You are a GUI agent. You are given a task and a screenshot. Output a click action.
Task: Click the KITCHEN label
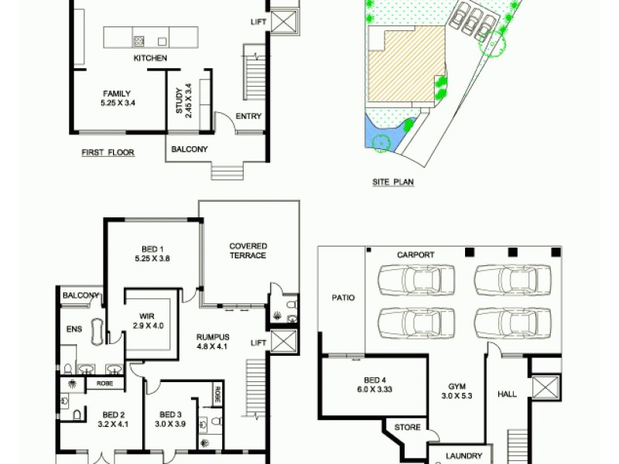point(150,59)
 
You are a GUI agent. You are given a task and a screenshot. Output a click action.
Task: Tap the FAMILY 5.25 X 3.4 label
point(115,98)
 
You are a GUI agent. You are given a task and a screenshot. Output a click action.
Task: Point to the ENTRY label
point(249,118)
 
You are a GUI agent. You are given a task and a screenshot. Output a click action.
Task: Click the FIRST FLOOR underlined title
point(108,153)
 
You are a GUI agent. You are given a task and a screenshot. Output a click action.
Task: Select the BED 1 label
point(152,254)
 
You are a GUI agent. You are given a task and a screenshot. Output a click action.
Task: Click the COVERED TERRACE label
point(248,251)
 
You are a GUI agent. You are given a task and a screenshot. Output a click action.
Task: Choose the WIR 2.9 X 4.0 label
point(143,321)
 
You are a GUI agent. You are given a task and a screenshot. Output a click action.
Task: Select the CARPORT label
point(416,255)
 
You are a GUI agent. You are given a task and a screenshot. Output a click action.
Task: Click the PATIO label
point(343,296)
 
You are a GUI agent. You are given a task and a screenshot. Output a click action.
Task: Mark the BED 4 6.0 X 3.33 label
point(374,385)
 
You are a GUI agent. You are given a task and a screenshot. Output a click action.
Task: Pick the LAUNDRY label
point(464,456)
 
